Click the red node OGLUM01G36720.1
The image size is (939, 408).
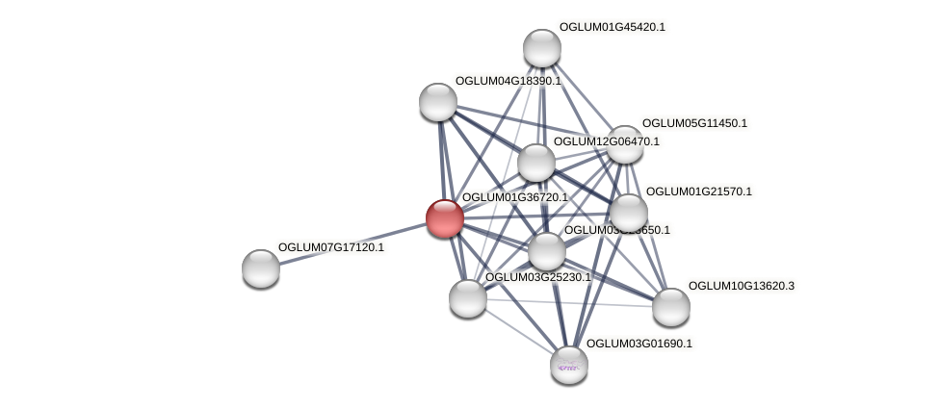pyautogui.click(x=445, y=218)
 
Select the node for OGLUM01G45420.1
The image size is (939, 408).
pyautogui.click(x=542, y=48)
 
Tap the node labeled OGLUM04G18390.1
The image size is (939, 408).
pyautogui.click(x=438, y=102)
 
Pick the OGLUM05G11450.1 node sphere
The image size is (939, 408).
pyautogui.click(x=624, y=144)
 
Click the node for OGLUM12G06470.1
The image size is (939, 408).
pyautogui.click(x=536, y=163)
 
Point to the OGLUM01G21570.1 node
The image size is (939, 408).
pyautogui.click(x=628, y=213)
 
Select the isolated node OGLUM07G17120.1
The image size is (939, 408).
pyautogui.click(x=261, y=268)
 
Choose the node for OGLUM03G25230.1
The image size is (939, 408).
pyautogui.click(x=468, y=297)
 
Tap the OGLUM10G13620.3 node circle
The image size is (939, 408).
pyautogui.click(x=671, y=307)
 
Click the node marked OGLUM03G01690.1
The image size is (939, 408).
pyautogui.click(x=569, y=364)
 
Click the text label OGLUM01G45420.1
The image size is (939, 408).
pyautogui.click(x=612, y=27)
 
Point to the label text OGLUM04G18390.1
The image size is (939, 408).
pyautogui.click(x=508, y=81)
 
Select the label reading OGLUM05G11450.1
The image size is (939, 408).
pyautogui.click(x=694, y=123)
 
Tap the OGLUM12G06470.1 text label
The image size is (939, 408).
pyautogui.click(x=606, y=141)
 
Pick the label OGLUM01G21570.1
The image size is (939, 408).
pyautogui.click(x=698, y=191)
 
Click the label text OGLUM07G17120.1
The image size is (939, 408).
pyautogui.click(x=330, y=247)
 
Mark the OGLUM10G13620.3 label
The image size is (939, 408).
pyautogui.click(x=741, y=286)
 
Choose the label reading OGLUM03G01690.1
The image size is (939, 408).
pyautogui.click(x=639, y=344)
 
